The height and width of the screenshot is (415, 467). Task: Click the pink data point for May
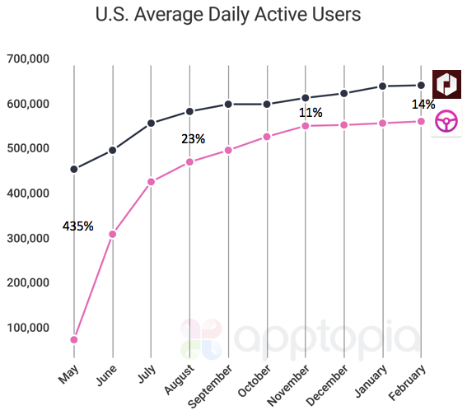(x=74, y=339)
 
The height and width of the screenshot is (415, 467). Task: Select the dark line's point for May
(x=74, y=169)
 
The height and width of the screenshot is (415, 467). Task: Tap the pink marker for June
(x=113, y=234)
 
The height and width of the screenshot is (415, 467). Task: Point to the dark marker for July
(x=152, y=124)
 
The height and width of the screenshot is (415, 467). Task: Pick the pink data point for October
(x=267, y=137)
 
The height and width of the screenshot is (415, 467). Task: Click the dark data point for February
(x=422, y=85)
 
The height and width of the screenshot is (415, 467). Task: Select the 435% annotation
(x=77, y=225)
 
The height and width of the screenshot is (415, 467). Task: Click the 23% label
(x=193, y=139)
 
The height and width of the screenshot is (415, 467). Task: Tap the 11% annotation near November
(x=311, y=112)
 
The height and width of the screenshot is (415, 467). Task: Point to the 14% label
(x=423, y=105)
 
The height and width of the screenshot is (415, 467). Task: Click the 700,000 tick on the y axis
(x=28, y=59)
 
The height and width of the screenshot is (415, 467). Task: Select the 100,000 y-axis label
(x=28, y=328)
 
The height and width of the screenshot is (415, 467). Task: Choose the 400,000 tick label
(x=28, y=194)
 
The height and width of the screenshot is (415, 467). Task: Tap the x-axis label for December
(x=329, y=380)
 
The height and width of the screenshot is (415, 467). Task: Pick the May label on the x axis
(x=68, y=372)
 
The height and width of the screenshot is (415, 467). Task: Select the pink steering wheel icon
(x=447, y=123)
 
